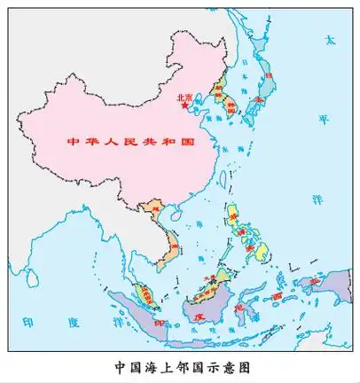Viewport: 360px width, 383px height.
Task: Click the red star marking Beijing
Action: [x=184, y=106]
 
